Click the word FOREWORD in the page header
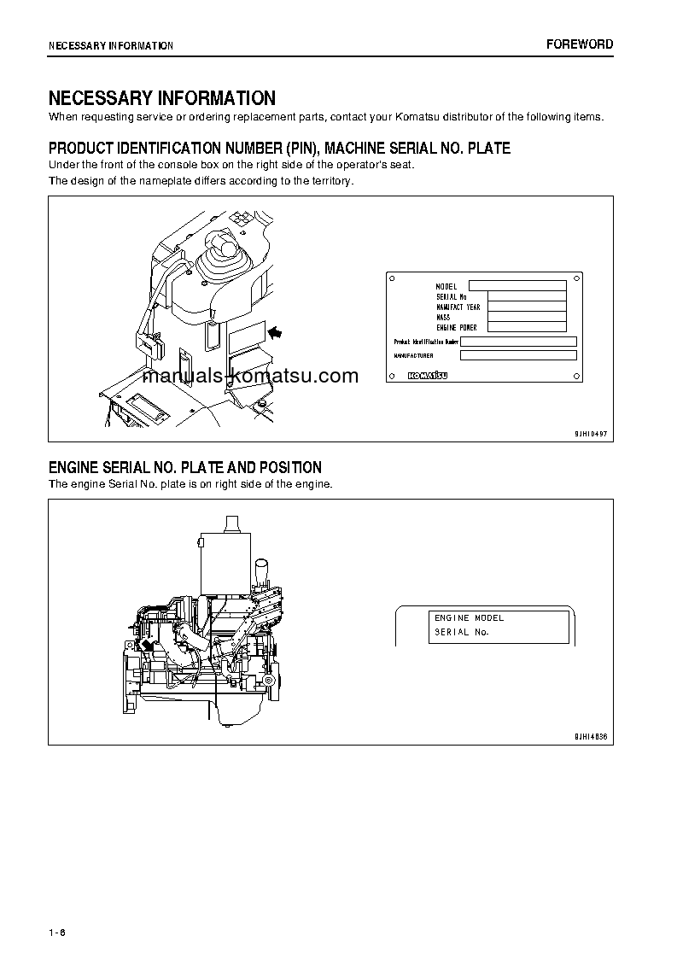point(580,44)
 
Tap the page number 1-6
point(58,931)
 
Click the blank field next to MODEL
point(517,286)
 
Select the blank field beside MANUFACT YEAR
point(527,307)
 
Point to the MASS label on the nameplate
point(443,317)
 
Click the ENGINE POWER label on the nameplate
point(456,327)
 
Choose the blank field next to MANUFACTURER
point(517,355)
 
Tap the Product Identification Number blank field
point(518,342)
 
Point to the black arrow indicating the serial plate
point(276,330)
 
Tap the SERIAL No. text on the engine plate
point(461,632)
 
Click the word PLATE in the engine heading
point(203,467)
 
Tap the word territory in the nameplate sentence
point(329,181)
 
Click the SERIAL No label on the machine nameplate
point(450,296)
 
